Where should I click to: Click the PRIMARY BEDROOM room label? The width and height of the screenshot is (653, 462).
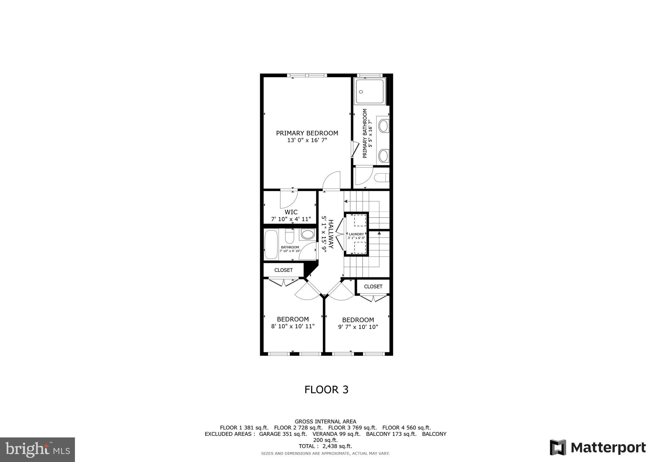(307, 133)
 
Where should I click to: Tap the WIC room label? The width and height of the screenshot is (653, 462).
(291, 212)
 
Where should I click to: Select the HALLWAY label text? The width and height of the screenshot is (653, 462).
(331, 234)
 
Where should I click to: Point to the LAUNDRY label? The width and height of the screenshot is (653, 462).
(356, 234)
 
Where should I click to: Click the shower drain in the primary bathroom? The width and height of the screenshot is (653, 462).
(361, 92)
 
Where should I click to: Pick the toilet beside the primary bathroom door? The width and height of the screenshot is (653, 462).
(382, 177)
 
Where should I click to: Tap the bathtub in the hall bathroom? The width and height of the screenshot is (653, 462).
(271, 244)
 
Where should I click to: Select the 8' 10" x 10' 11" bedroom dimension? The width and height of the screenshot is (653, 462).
(292, 326)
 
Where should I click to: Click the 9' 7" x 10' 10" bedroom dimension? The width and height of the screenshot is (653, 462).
(358, 327)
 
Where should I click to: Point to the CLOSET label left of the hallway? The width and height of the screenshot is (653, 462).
(283, 270)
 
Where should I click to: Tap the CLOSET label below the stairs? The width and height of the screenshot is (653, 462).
(373, 287)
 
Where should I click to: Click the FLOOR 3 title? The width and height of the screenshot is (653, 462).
(326, 390)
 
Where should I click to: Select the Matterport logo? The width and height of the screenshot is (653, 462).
(598, 447)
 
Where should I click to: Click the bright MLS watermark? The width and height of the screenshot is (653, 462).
(37, 450)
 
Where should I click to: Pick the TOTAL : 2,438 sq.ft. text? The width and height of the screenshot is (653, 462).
(325, 446)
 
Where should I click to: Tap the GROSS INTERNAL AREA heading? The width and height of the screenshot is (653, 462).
(325, 421)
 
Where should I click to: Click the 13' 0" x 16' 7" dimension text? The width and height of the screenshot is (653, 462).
(307, 140)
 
